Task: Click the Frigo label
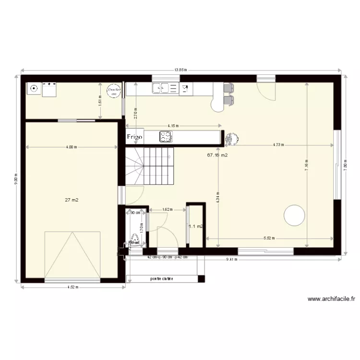(135, 137)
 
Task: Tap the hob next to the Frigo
(166, 137)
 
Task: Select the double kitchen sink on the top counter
(165, 88)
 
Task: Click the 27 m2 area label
(72, 200)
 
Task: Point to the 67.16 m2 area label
(217, 156)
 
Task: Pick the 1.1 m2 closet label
(195, 227)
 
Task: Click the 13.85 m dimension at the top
(180, 70)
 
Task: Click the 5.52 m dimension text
(269, 238)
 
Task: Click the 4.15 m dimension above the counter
(173, 126)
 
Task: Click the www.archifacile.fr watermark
(331, 299)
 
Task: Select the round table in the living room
(294, 215)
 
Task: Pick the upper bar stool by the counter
(228, 88)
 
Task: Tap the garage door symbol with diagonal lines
(72, 254)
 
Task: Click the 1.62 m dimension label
(167, 210)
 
